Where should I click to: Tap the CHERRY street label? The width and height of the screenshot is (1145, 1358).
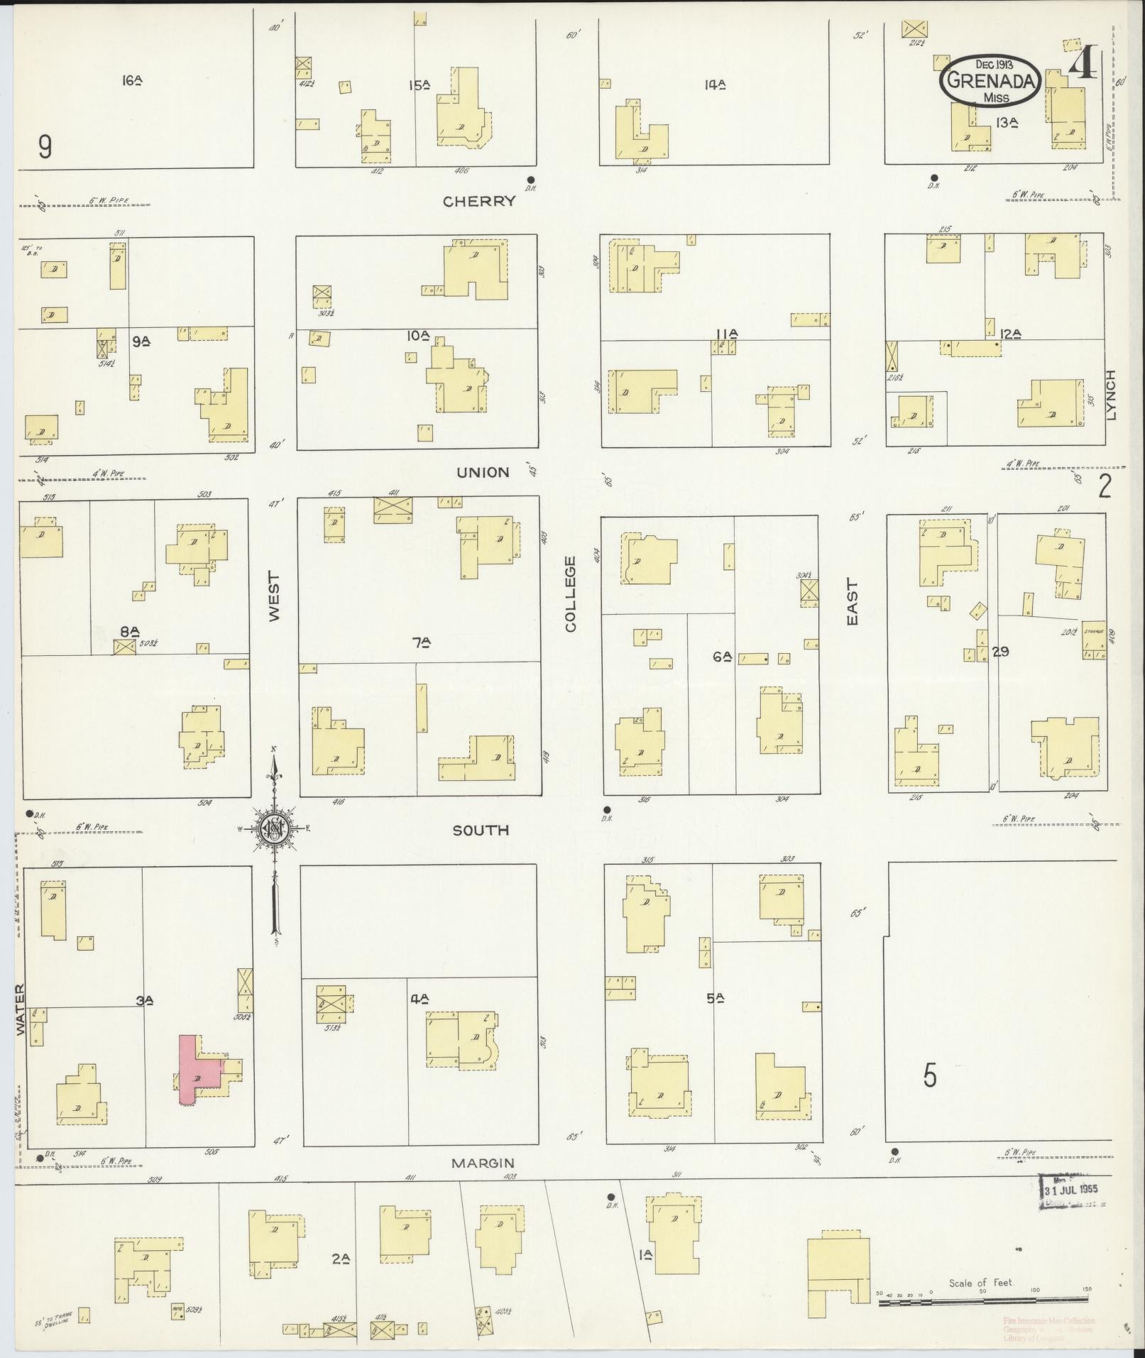478,201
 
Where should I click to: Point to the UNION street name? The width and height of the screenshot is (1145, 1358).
483,472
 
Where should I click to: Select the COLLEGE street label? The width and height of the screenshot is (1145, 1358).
571,593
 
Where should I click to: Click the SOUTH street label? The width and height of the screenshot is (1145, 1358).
481,830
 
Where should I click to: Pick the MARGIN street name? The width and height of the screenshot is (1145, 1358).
482,1163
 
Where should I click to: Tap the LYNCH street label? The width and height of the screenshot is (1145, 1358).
1110,395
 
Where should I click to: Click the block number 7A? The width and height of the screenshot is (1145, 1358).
422,642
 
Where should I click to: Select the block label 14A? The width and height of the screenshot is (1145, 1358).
715,84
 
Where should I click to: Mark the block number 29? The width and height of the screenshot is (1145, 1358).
1000,651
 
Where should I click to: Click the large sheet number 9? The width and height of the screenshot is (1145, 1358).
45,148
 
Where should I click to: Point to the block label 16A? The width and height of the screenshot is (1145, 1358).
132,80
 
